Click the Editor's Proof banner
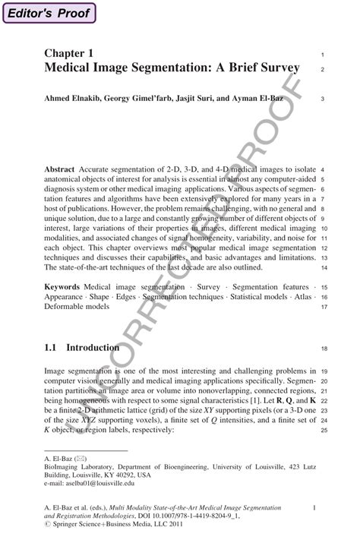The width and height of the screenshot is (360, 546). click(49, 13)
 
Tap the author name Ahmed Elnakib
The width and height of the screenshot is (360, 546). click(72, 98)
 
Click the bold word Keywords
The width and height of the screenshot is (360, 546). click(63, 287)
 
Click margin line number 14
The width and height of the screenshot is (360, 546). click(324, 268)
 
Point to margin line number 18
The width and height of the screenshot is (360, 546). click(324, 349)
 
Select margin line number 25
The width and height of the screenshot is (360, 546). click(324, 431)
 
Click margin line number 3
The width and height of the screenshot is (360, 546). click(324, 99)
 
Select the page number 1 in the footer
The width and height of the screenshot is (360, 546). click(314, 507)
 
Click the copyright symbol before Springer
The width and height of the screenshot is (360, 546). click(47, 525)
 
